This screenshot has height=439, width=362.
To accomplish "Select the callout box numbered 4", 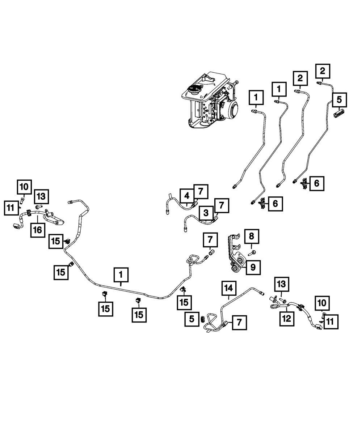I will point(187,196).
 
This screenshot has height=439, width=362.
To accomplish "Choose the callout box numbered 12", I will point(287,319).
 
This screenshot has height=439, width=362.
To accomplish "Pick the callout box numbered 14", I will point(229,288).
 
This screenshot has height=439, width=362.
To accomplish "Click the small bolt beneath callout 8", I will point(253,252).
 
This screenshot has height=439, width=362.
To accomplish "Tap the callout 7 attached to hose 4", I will point(201,191).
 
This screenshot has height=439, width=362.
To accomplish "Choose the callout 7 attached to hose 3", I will point(222,206).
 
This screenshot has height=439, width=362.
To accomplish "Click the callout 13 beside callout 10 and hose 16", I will point(41,197).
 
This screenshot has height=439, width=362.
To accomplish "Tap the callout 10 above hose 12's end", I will point(322,302).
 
